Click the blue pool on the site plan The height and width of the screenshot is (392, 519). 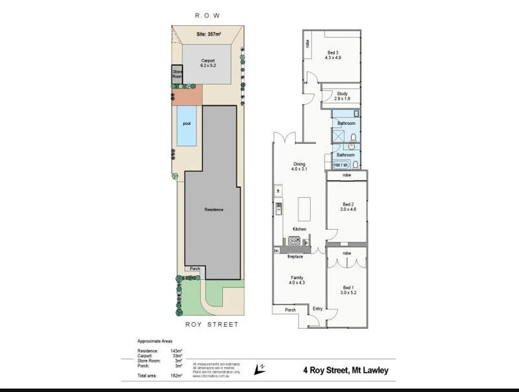pyautogui.click(x=187, y=125)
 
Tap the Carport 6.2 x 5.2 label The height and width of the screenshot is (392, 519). pyautogui.click(x=208, y=63)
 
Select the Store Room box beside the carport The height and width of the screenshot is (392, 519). pyautogui.click(x=177, y=74)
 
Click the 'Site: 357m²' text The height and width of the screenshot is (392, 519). pyautogui.click(x=208, y=34)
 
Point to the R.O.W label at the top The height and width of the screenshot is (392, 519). pyautogui.click(x=207, y=16)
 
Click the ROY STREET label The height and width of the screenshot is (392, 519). pyautogui.click(x=212, y=324)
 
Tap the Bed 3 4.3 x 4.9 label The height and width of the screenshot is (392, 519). pyautogui.click(x=333, y=55)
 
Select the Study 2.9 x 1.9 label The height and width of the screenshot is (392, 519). pyautogui.click(x=342, y=96)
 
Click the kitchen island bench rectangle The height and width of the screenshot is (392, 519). pyautogui.click(x=304, y=209)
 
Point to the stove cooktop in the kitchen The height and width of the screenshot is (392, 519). pyautogui.click(x=294, y=240)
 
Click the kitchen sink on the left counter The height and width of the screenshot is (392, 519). pyautogui.click(x=279, y=209)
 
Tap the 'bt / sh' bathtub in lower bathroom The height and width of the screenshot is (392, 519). pyautogui.click(x=342, y=165)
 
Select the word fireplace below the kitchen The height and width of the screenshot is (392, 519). pyautogui.click(x=295, y=257)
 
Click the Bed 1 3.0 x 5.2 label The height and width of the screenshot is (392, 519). pyautogui.click(x=348, y=290)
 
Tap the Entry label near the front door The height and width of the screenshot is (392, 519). pyautogui.click(x=317, y=309)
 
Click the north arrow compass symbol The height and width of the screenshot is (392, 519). pyautogui.click(x=259, y=369)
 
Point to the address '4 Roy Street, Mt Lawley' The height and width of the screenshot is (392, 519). pyautogui.click(x=345, y=370)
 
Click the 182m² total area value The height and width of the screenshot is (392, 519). pyautogui.click(x=176, y=376)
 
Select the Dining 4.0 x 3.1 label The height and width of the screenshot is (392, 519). pyautogui.click(x=299, y=167)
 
